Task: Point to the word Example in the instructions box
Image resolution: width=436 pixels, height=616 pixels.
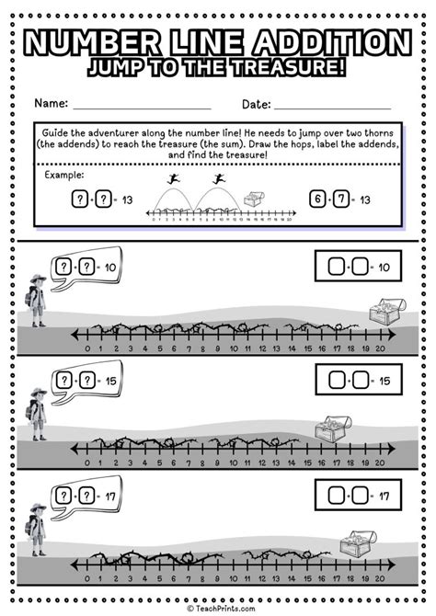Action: (x=63, y=174)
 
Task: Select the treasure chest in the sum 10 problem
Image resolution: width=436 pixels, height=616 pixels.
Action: (x=384, y=313)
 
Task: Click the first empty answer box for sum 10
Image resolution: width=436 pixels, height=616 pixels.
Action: (x=337, y=267)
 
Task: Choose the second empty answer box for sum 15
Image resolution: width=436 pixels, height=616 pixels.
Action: (x=362, y=380)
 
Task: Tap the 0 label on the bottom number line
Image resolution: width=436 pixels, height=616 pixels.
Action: (x=86, y=583)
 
